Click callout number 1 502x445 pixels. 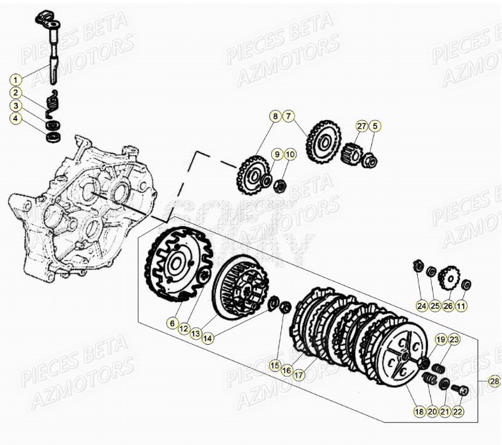(16, 80)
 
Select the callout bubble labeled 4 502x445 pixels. (16, 118)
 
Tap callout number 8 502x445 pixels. (275, 116)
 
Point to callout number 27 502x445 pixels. (362, 126)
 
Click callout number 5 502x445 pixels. (375, 126)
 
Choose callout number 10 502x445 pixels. (289, 154)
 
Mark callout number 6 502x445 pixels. (172, 324)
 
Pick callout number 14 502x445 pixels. (207, 338)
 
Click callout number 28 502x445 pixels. (494, 381)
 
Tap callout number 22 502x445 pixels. (458, 412)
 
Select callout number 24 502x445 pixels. (421, 306)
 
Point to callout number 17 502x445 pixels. (299, 375)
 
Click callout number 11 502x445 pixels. (461, 306)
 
